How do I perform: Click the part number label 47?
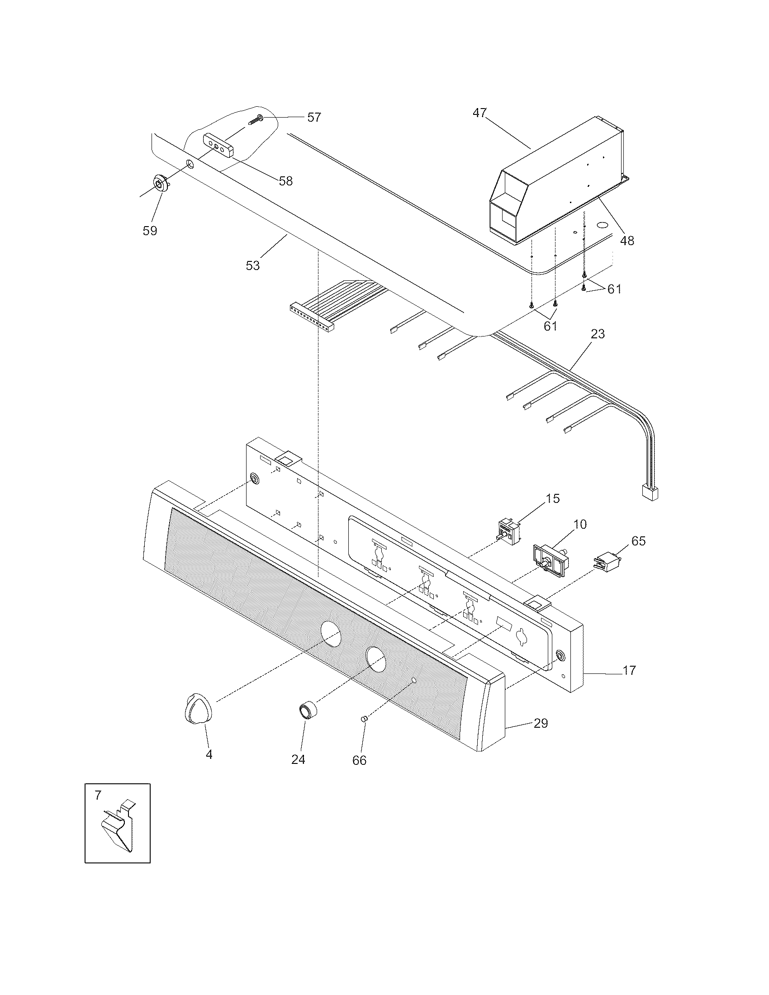[x=479, y=113]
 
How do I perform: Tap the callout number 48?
[x=627, y=241]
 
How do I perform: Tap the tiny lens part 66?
[x=364, y=719]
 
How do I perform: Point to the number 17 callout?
[x=629, y=670]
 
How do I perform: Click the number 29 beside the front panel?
[x=541, y=723]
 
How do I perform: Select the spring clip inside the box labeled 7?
[x=117, y=829]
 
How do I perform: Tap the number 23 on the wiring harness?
[x=598, y=334]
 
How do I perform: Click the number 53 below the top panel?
[x=253, y=265]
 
